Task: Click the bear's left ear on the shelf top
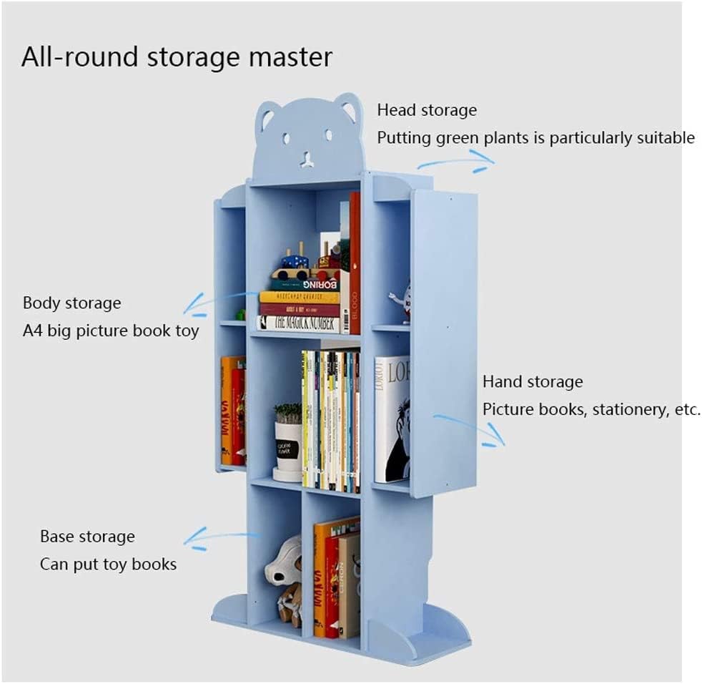(267, 114)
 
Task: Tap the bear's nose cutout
(307, 159)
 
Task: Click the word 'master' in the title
(289, 57)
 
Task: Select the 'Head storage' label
(427, 110)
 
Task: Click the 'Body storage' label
(71, 303)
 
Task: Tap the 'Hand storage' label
(533, 381)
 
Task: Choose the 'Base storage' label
(87, 537)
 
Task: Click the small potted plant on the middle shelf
(288, 441)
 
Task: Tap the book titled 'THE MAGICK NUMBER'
(298, 323)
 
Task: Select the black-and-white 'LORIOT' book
(392, 419)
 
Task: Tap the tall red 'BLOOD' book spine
(355, 265)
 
